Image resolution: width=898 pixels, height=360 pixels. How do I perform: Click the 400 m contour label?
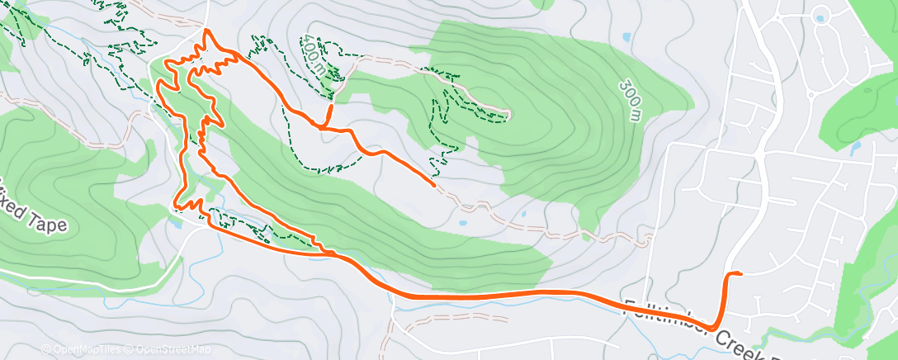pyautogui.click(x=314, y=54)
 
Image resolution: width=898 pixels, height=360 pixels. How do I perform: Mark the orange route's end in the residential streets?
pyautogui.click(x=740, y=273)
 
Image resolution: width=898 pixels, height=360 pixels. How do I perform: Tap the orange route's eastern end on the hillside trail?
pyautogui.click(x=434, y=185)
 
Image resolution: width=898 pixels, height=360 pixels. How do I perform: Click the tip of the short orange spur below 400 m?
pyautogui.click(x=332, y=107)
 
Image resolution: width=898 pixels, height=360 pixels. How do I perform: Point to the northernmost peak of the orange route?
pyautogui.click(x=206, y=31)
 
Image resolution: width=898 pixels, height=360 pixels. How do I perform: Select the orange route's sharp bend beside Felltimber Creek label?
pyautogui.click(x=711, y=328)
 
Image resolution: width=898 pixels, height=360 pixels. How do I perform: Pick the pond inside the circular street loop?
pyautogui.click(x=821, y=14)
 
